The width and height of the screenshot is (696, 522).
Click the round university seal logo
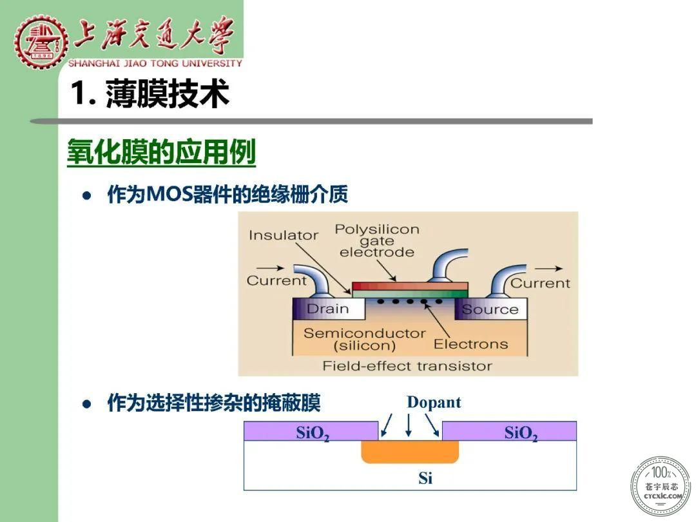coord(41,42)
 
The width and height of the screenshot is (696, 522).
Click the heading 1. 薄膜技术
coord(150,93)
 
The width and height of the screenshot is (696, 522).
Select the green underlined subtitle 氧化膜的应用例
coord(162,152)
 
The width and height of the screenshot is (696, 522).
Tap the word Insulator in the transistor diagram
coord(284,235)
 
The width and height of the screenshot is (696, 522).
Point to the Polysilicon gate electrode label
coord(377,240)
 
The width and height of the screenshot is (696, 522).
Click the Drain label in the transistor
coord(327,309)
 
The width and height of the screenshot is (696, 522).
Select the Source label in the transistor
coord(490,309)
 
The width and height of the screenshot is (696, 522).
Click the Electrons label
coord(470,344)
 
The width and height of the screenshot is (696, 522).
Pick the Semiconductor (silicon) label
coord(364,339)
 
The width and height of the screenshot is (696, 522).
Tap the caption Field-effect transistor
coord(407,366)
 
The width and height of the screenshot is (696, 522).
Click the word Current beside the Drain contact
coord(276,280)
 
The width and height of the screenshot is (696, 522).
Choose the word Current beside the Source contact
coord(540,283)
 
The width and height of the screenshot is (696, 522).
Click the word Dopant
coord(434,402)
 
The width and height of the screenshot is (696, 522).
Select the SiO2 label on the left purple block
coord(313,433)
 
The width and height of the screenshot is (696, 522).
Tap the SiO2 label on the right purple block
coord(521,433)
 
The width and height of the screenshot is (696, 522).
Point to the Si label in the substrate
coord(425,478)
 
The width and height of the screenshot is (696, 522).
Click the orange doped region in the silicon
coord(410,452)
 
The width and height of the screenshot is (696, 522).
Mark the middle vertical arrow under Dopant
coord(409,425)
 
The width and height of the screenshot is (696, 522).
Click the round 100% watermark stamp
coord(661,486)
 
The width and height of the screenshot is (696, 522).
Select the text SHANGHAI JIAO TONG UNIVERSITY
coord(155,63)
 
